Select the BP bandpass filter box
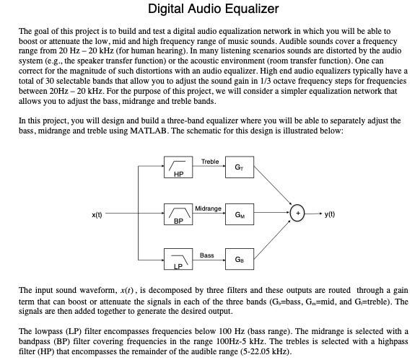click(x=178, y=214)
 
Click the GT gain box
click(x=239, y=168)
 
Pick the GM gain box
click(x=239, y=214)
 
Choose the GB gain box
click(x=239, y=259)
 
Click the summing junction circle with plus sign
click(x=297, y=214)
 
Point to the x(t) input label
click(x=97, y=214)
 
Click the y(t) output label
click(x=330, y=214)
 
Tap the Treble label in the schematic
click(x=210, y=162)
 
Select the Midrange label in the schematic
click(x=208, y=208)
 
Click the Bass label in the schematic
click(x=207, y=255)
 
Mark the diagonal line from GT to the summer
click(x=271, y=189)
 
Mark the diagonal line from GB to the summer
click(x=271, y=238)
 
